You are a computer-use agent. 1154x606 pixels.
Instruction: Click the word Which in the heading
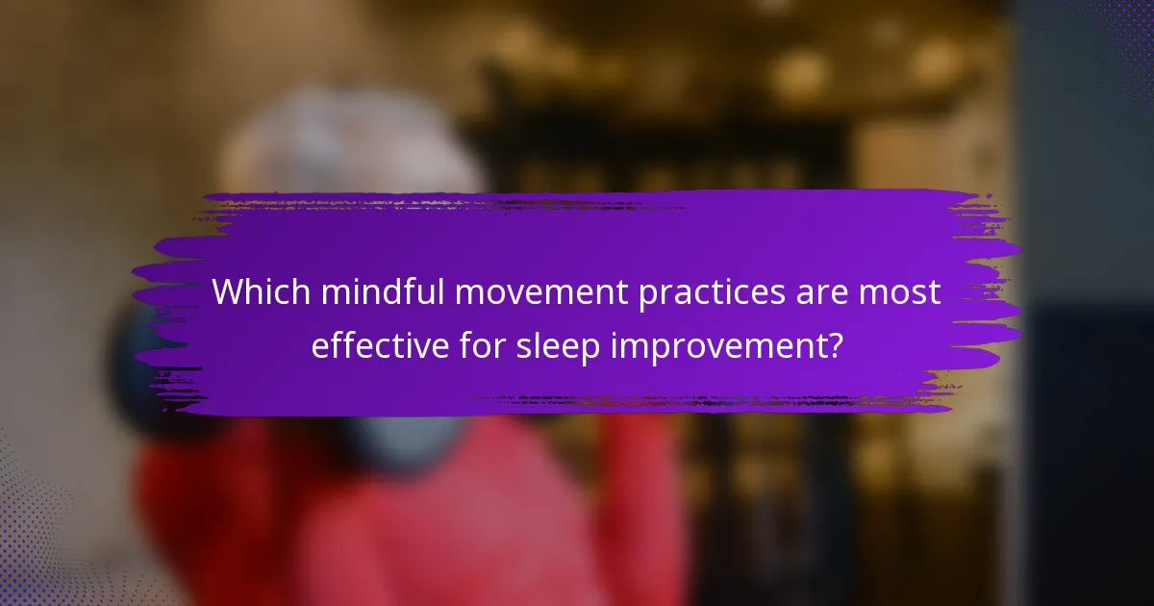pyautogui.click(x=261, y=292)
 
